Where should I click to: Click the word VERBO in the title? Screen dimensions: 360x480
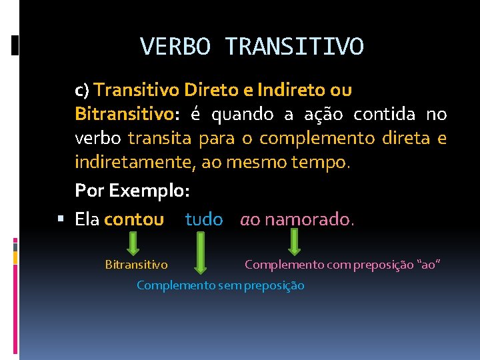point(176,47)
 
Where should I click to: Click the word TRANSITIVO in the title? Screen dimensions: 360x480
point(295,47)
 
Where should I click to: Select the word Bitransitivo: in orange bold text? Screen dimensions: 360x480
point(127,115)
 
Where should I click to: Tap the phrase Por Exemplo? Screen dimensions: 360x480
point(133,191)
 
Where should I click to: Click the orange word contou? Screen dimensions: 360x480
point(134,219)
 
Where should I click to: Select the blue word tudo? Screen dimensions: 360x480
point(204,219)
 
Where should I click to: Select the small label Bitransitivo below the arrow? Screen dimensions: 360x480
point(137,265)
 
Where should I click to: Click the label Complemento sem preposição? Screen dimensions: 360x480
point(220,285)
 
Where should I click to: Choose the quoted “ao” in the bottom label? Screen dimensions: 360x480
point(429,265)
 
